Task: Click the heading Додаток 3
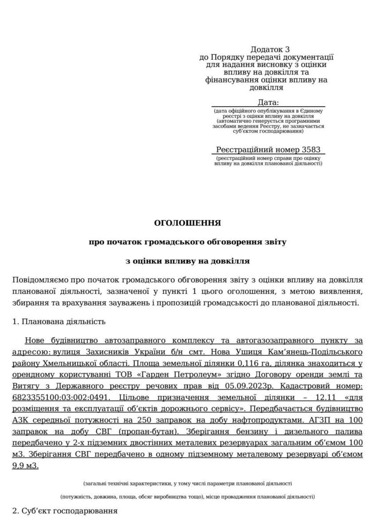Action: point(270,49)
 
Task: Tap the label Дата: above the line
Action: point(268,102)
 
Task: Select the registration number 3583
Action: point(310,149)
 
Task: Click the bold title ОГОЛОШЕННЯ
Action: point(187,223)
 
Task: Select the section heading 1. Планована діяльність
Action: point(59,321)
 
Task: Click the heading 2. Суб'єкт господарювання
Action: point(65,511)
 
